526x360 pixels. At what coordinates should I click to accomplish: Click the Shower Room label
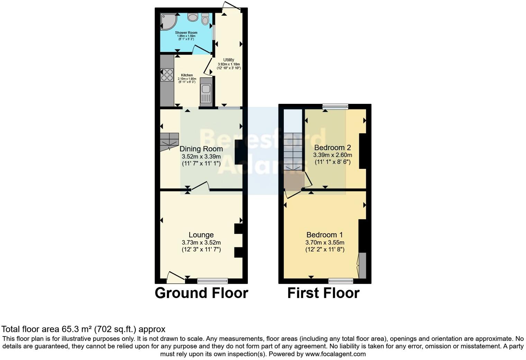pyautogui.click(x=186, y=33)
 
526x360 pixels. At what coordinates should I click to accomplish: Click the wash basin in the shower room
pyautogui.click(x=192, y=17)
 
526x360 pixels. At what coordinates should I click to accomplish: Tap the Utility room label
pyautogui.click(x=228, y=60)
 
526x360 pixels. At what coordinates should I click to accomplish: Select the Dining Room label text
pyautogui.click(x=201, y=149)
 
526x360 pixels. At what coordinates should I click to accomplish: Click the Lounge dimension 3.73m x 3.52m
pyautogui.click(x=201, y=242)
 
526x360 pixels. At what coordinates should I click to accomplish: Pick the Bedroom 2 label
pyautogui.click(x=332, y=147)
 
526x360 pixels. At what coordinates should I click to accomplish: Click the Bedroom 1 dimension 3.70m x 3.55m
pyautogui.click(x=325, y=242)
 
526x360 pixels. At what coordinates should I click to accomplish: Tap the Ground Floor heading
pyautogui.click(x=201, y=293)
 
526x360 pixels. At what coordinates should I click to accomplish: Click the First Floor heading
pyautogui.click(x=323, y=293)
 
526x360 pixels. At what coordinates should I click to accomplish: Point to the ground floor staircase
pyautogui.click(x=169, y=142)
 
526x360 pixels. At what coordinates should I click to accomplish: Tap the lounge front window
pyautogui.click(x=212, y=280)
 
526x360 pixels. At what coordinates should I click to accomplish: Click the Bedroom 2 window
pyautogui.click(x=335, y=106)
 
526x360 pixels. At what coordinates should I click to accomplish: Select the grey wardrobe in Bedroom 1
pyautogui.click(x=362, y=265)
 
